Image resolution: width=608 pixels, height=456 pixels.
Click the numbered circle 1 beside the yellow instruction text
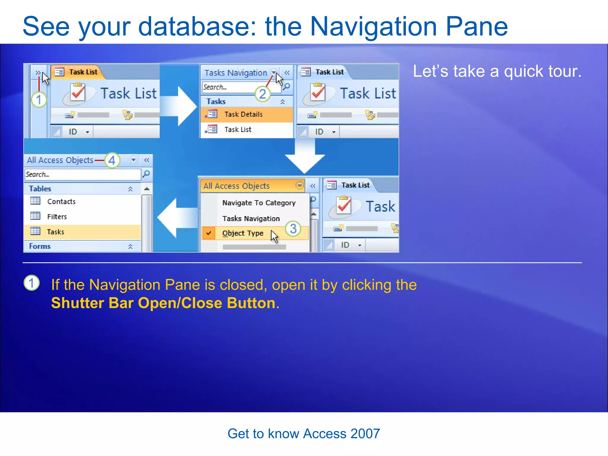[31, 283]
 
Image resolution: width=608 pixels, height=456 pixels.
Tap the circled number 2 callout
[262, 94]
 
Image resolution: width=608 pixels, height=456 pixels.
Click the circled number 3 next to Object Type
[293, 229]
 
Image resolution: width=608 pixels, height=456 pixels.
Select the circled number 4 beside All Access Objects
[112, 160]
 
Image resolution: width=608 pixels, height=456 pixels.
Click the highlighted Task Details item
[243, 114]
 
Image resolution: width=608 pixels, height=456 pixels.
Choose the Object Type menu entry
[243, 233]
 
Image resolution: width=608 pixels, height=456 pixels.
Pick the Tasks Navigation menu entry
[251, 218]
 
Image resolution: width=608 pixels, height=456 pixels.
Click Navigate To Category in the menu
[259, 203]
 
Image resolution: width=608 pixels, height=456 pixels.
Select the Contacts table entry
[61, 202]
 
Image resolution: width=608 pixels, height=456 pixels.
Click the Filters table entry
[57, 217]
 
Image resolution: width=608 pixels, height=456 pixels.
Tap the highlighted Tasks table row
[56, 232]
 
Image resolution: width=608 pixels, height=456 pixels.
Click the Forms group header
[40, 246]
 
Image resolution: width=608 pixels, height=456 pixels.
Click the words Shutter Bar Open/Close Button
[163, 303]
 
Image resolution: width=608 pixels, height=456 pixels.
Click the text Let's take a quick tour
[497, 72]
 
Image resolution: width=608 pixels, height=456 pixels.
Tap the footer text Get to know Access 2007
[304, 434]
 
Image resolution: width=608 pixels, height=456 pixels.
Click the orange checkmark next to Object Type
[209, 233]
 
